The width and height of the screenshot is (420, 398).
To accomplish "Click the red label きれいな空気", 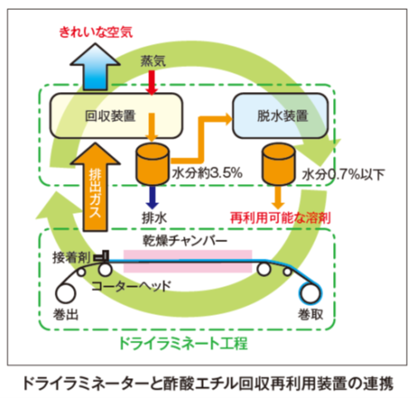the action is point(96,32).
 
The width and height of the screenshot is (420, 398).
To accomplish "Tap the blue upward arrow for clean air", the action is point(95,68).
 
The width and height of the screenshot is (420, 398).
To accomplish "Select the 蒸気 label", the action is point(153,61).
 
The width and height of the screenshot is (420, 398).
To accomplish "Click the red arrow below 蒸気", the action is point(152,83).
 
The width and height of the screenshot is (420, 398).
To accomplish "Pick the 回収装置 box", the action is point(116,115).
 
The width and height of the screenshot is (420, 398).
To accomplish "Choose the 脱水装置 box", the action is point(280,115).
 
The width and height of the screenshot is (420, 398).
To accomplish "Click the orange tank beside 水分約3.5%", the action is point(152,164).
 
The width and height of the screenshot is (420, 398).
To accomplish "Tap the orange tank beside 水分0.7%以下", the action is point(278,164).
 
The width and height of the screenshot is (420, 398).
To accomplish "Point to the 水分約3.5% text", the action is point(207,173).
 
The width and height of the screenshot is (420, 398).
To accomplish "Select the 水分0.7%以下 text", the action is point(343,174).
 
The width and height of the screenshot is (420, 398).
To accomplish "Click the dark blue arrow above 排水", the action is point(152,197).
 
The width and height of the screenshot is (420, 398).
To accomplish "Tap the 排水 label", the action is point(154,218).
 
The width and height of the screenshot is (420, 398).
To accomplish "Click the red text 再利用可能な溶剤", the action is point(281,218).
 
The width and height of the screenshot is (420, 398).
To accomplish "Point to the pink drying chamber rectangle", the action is point(188,261).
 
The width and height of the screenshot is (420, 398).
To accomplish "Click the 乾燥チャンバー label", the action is point(185,240).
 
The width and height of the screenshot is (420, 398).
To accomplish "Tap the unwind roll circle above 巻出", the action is point(65,294).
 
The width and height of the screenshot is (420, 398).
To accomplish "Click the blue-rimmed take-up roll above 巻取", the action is point(311,293).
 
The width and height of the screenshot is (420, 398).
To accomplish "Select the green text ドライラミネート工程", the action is point(183,343).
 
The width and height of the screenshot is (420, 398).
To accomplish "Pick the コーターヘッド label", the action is point(131,286).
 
